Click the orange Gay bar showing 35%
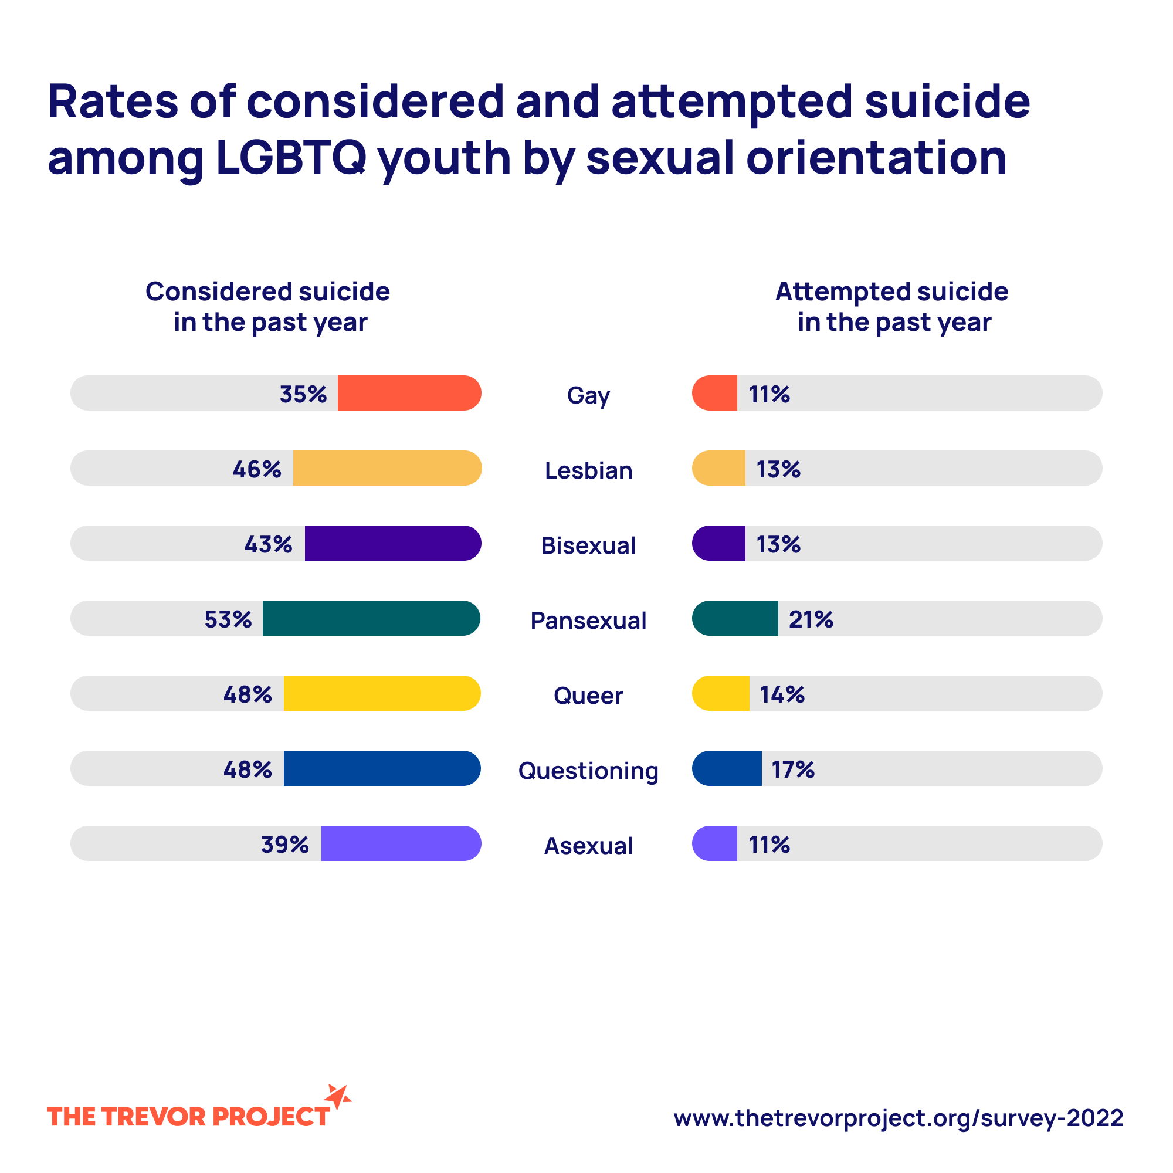409,393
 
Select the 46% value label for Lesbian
257,469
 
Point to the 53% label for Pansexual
228,619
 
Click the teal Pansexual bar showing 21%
735,618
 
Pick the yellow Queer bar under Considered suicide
382,693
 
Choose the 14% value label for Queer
782,694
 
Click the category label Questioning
588,771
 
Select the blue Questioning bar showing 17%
727,768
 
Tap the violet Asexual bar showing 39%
401,843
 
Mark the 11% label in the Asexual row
769,845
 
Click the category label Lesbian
588,470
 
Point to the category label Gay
588,395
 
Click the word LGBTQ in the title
291,157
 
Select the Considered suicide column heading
268,307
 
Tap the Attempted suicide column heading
892,307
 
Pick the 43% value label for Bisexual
269,544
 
